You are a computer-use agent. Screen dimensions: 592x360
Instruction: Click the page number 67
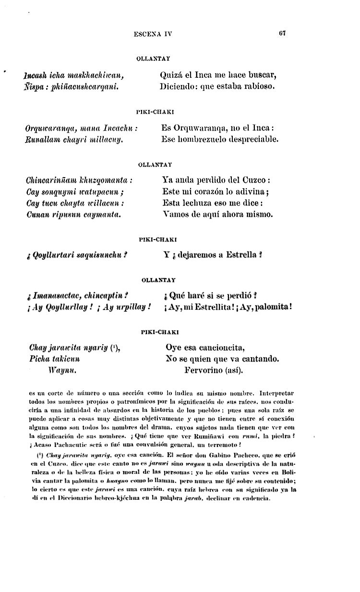(x=282, y=34)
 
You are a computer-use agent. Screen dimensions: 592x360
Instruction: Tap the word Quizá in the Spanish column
(x=169, y=75)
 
